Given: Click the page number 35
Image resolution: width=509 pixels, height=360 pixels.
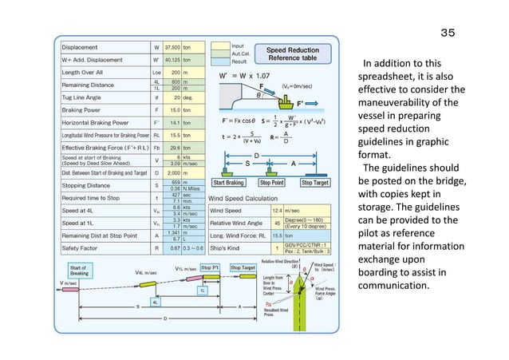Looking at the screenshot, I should click(448, 33).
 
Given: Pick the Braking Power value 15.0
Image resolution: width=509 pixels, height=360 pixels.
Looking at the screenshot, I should click(172, 110).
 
